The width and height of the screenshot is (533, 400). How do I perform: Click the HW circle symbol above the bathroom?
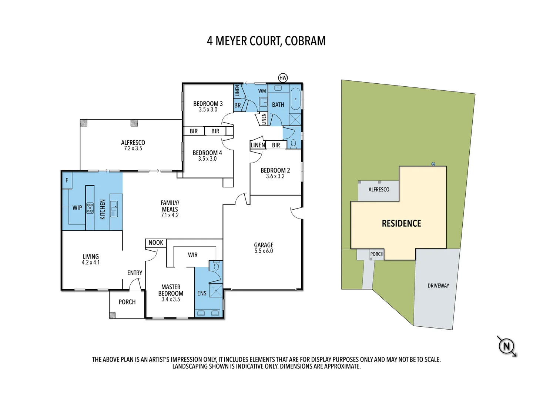click(283, 78)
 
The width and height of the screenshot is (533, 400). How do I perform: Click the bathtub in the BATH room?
click(295, 99)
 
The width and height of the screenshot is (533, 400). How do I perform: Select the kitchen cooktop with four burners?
click(90, 208)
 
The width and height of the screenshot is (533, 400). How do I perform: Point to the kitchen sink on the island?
click(114, 209)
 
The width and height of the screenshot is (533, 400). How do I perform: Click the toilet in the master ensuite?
click(217, 266)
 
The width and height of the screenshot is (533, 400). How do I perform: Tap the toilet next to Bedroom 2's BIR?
click(294, 143)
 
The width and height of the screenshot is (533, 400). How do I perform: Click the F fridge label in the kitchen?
click(67, 180)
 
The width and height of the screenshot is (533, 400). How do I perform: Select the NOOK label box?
click(156, 243)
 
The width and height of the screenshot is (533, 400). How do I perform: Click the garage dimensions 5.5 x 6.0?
click(264, 251)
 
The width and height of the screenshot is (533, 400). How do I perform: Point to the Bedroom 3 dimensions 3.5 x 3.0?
click(208, 110)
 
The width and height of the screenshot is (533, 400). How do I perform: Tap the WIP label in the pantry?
click(77, 208)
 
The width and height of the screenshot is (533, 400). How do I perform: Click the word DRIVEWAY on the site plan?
click(438, 286)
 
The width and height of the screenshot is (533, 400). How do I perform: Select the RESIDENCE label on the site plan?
click(401, 223)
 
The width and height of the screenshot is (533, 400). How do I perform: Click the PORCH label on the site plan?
click(377, 254)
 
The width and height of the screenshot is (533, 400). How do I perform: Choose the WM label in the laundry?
click(262, 91)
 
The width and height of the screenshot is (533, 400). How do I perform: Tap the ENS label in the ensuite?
click(202, 293)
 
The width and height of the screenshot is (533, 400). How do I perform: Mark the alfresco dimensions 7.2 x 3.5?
click(133, 149)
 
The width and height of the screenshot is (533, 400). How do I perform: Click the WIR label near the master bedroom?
click(192, 255)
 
